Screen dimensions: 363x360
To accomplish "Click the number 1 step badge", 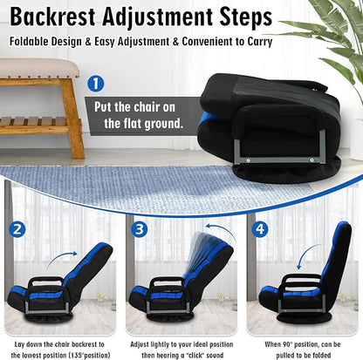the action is coord(95,84).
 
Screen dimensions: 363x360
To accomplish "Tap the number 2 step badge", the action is coord(17,229).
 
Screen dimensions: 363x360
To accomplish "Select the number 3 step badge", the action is coord(140,229).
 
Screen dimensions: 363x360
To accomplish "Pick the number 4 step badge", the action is coord(260,229).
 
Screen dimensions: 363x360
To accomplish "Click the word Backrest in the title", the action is coord(52,17).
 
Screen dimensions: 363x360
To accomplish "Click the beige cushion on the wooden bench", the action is coord(39,68).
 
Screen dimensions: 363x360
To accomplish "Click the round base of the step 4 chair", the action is coord(302,317).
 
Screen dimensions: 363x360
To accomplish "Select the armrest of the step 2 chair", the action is coord(46,281).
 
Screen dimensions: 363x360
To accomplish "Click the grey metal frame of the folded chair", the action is coord(279,160).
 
